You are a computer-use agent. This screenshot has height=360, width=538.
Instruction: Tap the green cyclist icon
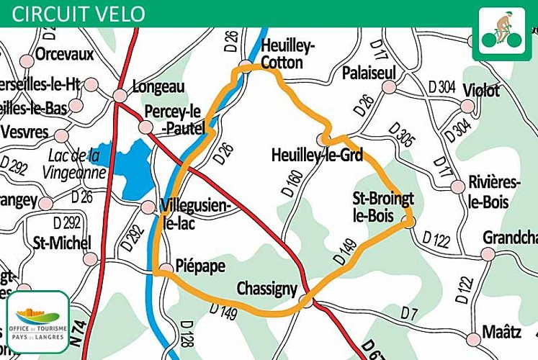[501, 33]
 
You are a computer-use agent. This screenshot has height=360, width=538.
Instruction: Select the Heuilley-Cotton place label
[288, 55]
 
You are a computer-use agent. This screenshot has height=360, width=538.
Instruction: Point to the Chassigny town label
[266, 289]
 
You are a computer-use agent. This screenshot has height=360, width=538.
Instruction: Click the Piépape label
[201, 266]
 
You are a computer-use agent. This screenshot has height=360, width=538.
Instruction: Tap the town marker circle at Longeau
[120, 96]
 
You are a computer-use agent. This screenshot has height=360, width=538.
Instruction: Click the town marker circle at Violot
[467, 107]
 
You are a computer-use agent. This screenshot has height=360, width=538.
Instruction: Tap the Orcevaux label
[65, 55]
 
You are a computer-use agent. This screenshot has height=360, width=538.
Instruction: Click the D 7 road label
[409, 312]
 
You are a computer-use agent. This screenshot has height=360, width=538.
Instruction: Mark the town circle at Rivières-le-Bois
[457, 186]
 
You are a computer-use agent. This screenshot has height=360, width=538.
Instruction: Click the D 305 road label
[401, 135]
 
